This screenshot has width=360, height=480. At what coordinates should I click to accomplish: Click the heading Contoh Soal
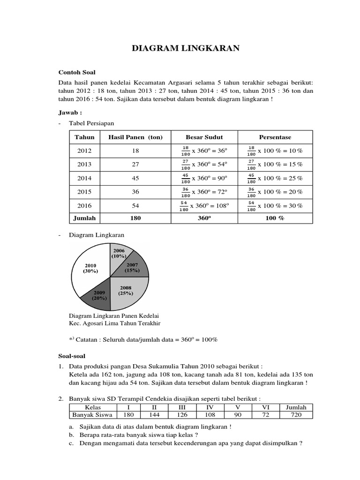coord(76,72)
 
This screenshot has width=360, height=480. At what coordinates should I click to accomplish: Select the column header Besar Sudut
coord(204,137)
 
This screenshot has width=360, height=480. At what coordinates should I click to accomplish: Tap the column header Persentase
coord(275,137)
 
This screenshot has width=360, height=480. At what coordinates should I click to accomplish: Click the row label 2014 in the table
coord(84,178)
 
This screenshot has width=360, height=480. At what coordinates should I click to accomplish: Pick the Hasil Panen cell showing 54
coord(135,206)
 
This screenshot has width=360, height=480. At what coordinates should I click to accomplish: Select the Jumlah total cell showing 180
coord(135,218)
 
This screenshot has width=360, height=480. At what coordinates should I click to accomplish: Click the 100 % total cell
coord(275,218)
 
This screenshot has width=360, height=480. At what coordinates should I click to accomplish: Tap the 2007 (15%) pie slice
coord(134,267)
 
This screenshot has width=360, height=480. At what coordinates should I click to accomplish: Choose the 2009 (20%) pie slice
coord(97,295)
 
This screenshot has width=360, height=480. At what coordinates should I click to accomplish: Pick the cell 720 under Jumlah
coord(296,415)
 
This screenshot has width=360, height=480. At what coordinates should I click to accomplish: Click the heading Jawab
coord(70,113)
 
